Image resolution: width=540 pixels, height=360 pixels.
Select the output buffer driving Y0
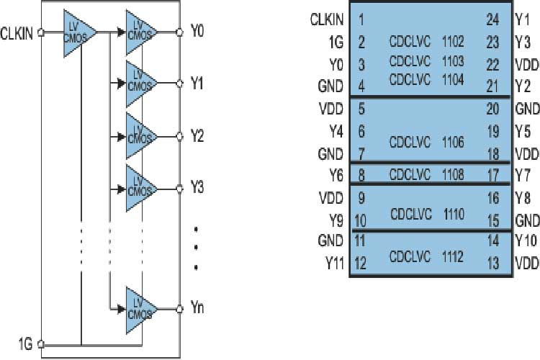click(140, 32)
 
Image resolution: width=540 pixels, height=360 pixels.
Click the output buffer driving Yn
click(140, 307)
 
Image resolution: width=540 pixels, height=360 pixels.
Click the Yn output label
click(197, 307)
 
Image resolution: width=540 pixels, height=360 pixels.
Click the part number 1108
click(451, 174)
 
